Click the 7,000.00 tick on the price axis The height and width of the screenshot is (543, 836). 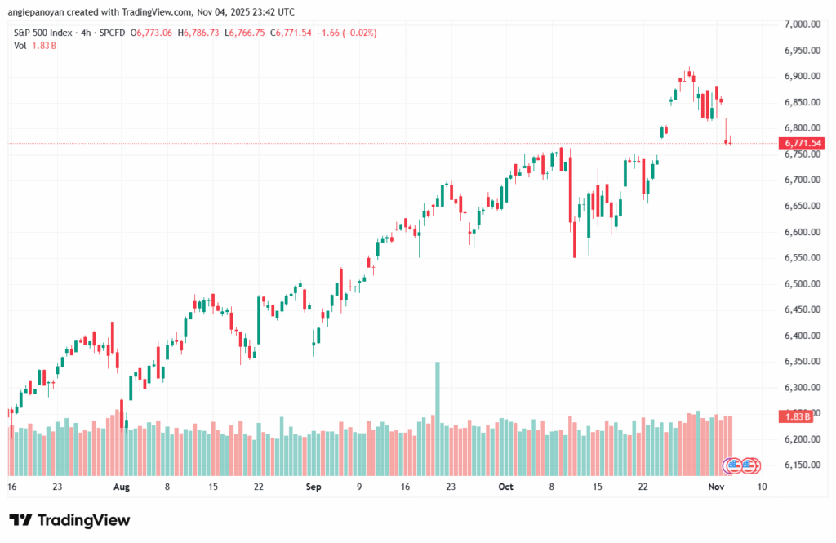(x=801, y=24)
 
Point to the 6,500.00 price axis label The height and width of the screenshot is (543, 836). (x=801, y=284)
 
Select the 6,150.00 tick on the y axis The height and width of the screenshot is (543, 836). (x=801, y=465)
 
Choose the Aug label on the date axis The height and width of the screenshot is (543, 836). (x=121, y=487)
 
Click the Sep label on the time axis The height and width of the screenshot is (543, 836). (x=313, y=487)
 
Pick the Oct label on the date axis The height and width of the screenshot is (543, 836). (x=505, y=487)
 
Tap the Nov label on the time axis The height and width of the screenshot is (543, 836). (x=715, y=487)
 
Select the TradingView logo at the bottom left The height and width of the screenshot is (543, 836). (x=69, y=520)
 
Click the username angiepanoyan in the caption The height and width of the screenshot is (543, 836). (x=39, y=11)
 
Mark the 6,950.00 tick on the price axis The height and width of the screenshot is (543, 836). (x=801, y=51)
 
